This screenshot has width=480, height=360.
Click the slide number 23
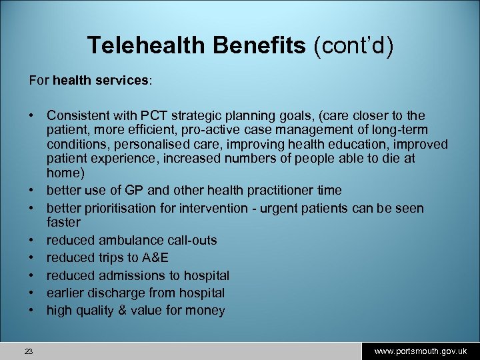(29, 351)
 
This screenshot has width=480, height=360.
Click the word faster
(63, 222)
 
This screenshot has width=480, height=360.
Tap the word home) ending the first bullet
(64, 173)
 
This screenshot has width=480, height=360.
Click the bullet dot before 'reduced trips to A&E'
(31, 257)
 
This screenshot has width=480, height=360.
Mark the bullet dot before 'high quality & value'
(31, 310)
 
